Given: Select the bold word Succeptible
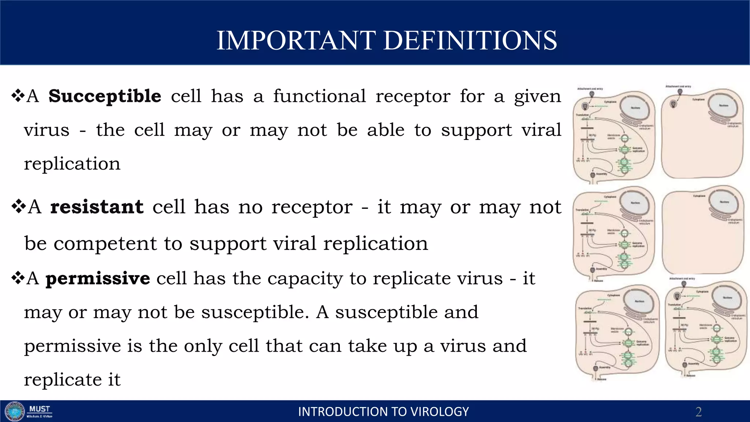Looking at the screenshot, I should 105,97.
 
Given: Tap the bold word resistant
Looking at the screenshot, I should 97,207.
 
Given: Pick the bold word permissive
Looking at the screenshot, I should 98,279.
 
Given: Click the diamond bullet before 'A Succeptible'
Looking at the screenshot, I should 18,96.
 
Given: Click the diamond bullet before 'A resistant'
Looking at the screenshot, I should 18,207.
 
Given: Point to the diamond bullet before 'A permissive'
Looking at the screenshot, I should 18,278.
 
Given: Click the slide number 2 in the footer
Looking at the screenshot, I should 698,412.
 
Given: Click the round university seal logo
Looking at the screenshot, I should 15,411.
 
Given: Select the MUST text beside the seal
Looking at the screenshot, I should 40,409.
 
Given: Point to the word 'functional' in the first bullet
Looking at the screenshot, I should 319,96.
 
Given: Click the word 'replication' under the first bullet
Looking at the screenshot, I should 72,164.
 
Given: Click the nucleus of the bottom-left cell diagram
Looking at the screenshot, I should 639,301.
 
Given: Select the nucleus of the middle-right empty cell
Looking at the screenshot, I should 724,201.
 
